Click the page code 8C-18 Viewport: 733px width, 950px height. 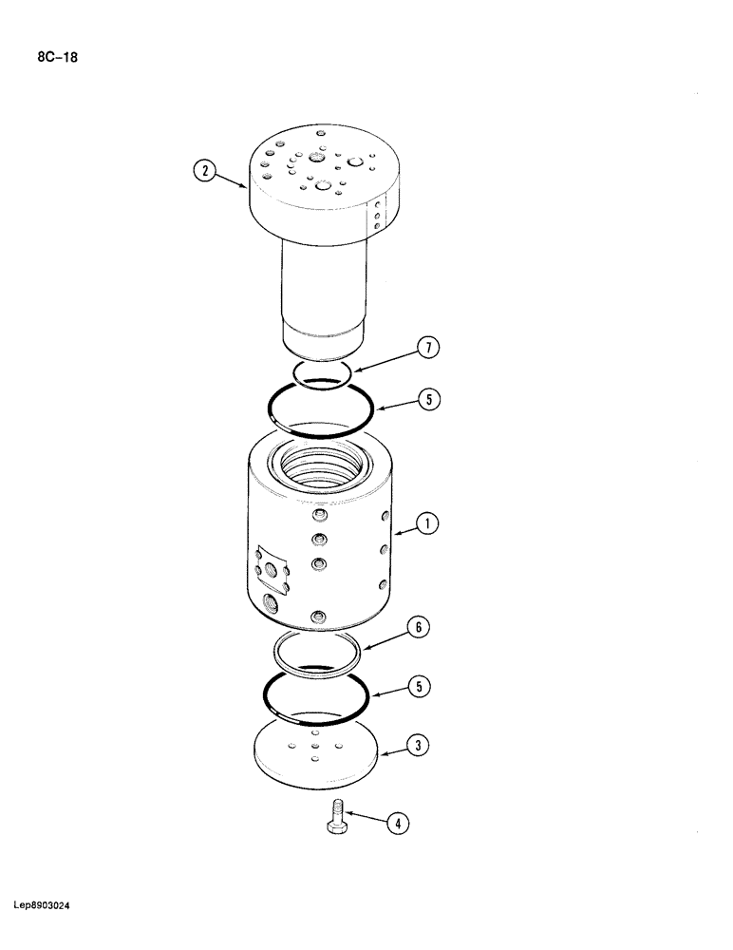pos(58,58)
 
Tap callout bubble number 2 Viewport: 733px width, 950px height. pos(203,173)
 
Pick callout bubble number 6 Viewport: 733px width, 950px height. pos(419,627)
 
